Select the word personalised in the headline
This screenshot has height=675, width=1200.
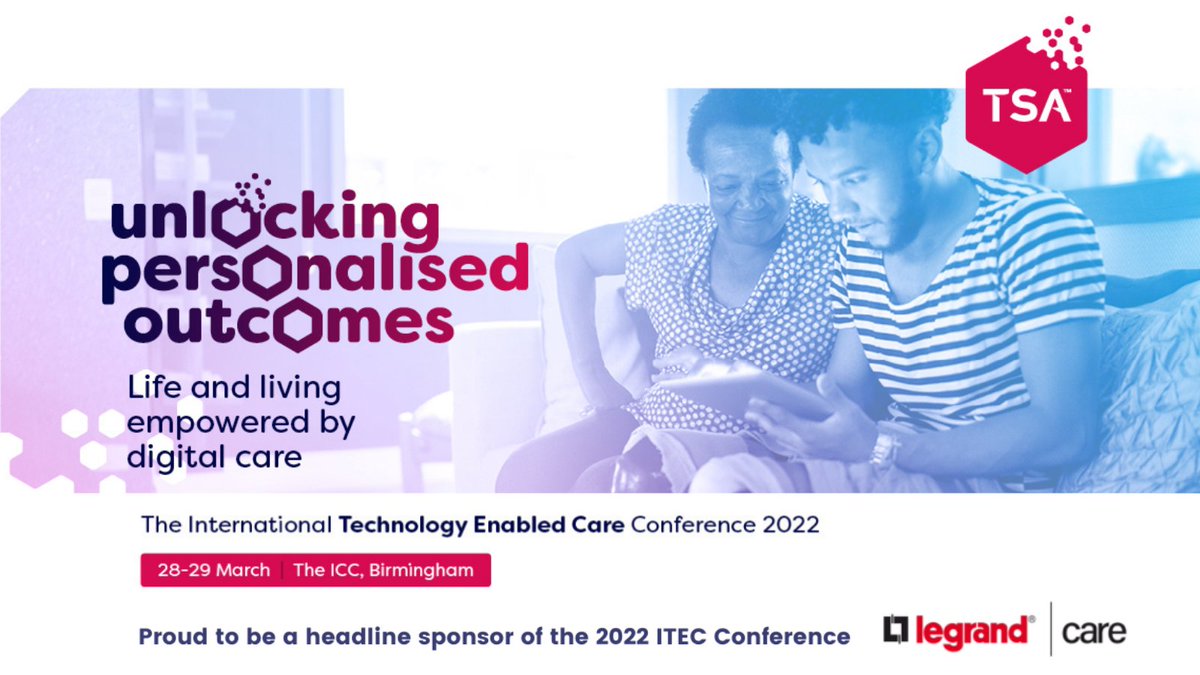pyautogui.click(x=315, y=270)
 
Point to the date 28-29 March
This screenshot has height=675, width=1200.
pyautogui.click(x=214, y=570)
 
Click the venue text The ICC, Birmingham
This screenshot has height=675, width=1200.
pyautogui.click(x=385, y=570)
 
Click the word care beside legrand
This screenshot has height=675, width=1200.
pyautogui.click(x=1094, y=632)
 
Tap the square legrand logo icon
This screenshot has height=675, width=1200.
pyautogui.click(x=895, y=630)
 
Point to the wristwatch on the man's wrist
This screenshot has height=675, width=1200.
pyautogui.click(x=884, y=447)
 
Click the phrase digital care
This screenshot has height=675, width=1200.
pyautogui.click(x=213, y=457)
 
